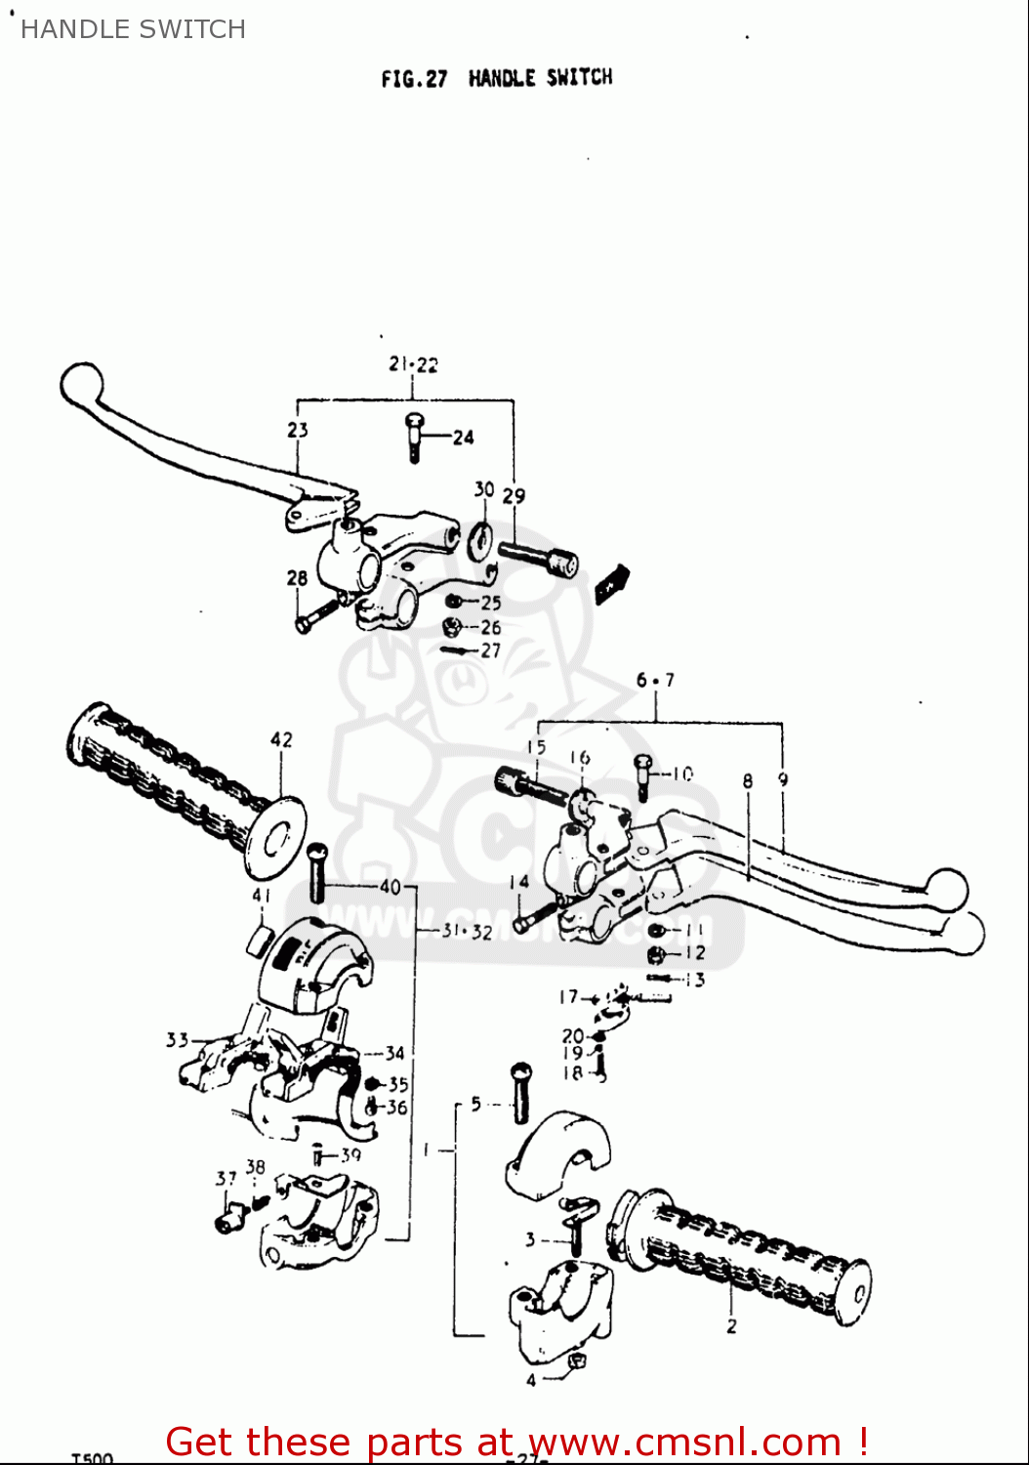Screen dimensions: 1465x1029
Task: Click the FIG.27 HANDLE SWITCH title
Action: click(496, 78)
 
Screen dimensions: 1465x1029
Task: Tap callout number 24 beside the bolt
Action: click(463, 438)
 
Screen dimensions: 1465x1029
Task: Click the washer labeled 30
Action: click(480, 540)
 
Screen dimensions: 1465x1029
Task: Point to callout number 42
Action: click(281, 739)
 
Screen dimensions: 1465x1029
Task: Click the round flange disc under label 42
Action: click(275, 837)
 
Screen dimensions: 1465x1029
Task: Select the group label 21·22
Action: click(413, 364)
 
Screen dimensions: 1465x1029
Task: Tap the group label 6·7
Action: click(655, 680)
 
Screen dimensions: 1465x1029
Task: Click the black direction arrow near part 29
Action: click(612, 583)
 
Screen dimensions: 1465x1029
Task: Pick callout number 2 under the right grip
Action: click(731, 1326)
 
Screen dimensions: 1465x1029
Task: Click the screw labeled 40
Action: click(316, 872)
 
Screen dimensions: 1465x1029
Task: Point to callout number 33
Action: click(177, 1039)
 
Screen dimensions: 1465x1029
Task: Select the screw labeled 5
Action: click(520, 1092)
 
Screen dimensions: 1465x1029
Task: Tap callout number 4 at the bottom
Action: click(531, 1380)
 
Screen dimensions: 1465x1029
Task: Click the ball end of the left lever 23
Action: click(80, 384)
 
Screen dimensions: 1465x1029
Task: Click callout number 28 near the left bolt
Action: click(298, 578)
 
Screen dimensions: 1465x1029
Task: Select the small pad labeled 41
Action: click(260, 940)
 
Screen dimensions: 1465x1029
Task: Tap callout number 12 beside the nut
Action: click(694, 953)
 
